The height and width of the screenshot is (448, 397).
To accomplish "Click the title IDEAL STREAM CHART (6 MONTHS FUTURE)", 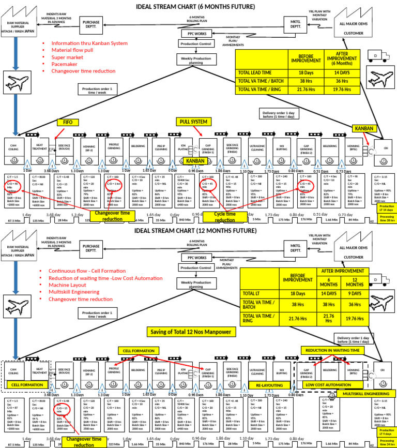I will [x=195, y=6].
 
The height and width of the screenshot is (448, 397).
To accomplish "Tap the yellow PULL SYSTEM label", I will [x=193, y=122].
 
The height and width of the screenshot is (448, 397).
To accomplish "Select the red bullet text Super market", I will [x=68, y=57].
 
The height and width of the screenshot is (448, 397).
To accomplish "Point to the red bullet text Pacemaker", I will [x=65, y=64].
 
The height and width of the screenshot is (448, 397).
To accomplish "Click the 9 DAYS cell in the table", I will [x=355, y=293].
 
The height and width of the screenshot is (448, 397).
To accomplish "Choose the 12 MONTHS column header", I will [x=355, y=281].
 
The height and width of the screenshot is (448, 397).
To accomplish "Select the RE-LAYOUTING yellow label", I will [x=269, y=385].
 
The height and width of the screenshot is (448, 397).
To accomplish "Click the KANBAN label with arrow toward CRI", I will [x=364, y=128].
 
